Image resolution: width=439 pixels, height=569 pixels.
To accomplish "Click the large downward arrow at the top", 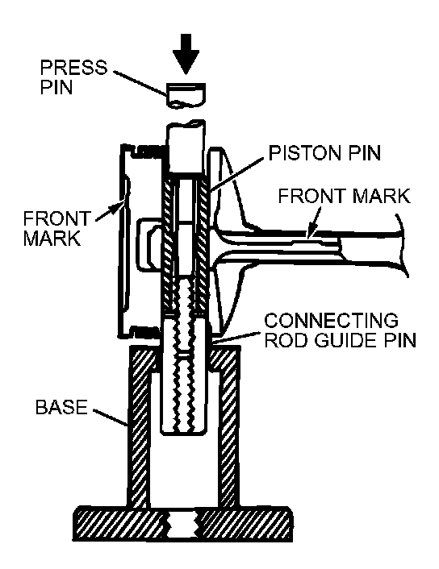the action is point(186,54).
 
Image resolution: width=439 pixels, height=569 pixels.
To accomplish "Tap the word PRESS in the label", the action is point(73,68).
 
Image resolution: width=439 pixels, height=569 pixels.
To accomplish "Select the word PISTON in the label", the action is point(306,153).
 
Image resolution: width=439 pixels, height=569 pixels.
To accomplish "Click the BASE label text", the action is point(62,407).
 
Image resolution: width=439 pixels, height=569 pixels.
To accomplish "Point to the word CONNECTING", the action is point(331,321).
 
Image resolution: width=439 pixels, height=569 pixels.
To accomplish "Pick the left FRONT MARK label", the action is point(56,229).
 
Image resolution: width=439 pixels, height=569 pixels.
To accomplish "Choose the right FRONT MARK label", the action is point(344,196).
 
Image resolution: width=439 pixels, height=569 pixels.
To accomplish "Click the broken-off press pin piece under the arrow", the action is point(186,95).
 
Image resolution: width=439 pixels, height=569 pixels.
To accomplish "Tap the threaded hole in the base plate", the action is point(182,525).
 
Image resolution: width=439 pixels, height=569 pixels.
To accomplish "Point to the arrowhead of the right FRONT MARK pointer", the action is point(311,234).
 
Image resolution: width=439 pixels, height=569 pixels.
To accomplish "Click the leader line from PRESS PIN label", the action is point(140,84).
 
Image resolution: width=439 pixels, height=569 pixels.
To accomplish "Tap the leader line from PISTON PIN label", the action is point(237,173).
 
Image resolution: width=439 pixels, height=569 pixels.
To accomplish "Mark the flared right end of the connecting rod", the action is point(401,245).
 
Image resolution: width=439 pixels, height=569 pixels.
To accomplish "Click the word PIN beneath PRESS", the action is point(56,87).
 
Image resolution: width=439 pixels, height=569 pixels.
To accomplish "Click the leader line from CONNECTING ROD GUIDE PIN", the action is point(236,337).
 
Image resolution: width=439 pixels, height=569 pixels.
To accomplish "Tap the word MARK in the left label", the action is point(52,239).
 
